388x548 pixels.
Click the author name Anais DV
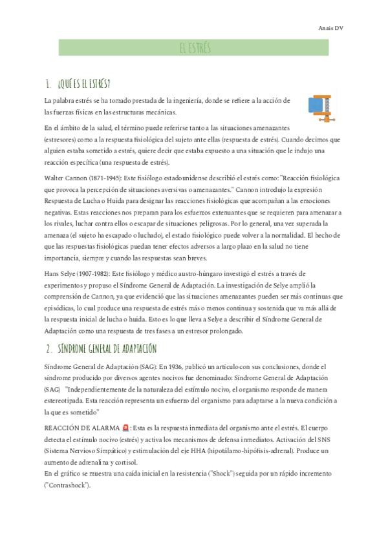330,28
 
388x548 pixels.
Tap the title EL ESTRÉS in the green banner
193,48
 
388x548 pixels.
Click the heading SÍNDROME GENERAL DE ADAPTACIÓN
107,348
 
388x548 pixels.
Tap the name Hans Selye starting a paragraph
60,273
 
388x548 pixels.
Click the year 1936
167,366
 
